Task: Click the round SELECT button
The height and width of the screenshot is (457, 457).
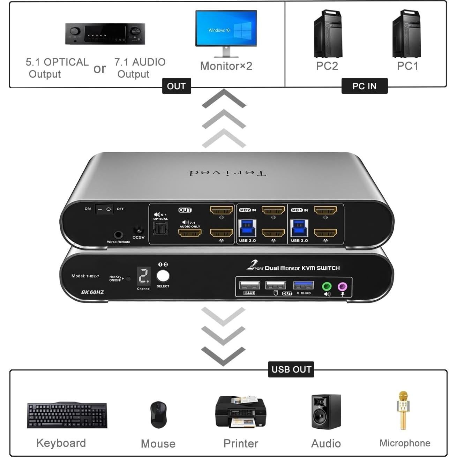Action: tap(163, 276)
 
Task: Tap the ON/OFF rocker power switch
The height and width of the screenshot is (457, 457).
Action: tap(104, 209)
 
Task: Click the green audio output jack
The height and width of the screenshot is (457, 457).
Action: tap(327, 287)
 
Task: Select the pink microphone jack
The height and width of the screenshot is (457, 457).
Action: tap(343, 287)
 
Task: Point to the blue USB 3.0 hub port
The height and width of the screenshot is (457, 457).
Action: tap(303, 285)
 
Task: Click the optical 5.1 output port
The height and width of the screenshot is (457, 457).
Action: tap(160, 228)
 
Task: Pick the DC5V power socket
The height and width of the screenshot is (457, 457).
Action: tap(138, 231)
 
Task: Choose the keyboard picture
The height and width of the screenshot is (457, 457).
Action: tap(67, 415)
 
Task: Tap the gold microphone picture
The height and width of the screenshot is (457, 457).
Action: tap(403, 410)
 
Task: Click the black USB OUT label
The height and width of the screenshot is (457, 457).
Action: tap(291, 369)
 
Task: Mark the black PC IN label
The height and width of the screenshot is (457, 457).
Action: tap(364, 86)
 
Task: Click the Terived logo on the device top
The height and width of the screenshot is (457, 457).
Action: tap(227, 173)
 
